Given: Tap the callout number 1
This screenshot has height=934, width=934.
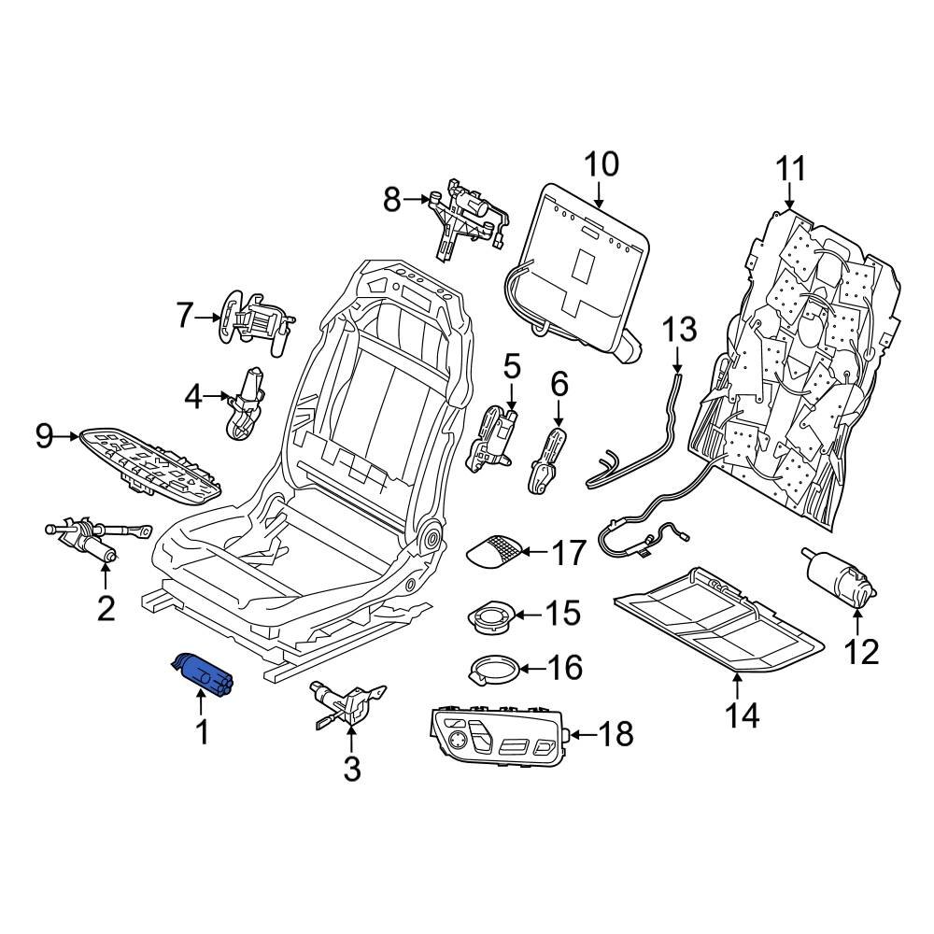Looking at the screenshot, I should click(x=202, y=731).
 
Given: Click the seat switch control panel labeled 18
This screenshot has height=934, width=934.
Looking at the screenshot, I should click(x=496, y=733).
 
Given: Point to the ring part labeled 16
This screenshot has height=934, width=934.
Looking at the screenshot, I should click(x=492, y=669).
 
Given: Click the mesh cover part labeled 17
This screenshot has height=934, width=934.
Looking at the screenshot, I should click(x=496, y=551).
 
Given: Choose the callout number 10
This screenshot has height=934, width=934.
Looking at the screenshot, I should click(x=601, y=164).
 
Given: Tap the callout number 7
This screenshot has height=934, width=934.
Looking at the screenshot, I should click(x=184, y=317).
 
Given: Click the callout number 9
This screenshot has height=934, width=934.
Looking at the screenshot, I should click(x=45, y=435).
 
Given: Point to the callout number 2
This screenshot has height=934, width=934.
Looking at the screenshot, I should click(x=106, y=608).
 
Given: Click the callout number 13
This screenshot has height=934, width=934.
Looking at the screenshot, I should click(x=679, y=330).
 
